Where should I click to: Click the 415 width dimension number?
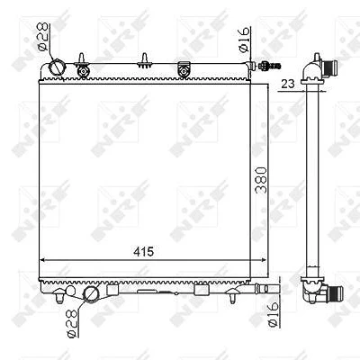click(x=143, y=252)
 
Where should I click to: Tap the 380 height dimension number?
click(x=261, y=180)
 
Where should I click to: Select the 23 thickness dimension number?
click(x=288, y=84)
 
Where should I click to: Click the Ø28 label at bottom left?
click(x=72, y=324)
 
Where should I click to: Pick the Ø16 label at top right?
click(x=245, y=40)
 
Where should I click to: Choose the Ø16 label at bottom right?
click(x=273, y=314)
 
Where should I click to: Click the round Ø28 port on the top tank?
click(x=56, y=67)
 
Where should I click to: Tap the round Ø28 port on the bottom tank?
click(x=91, y=294)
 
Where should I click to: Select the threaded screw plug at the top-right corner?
click(x=269, y=65)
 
